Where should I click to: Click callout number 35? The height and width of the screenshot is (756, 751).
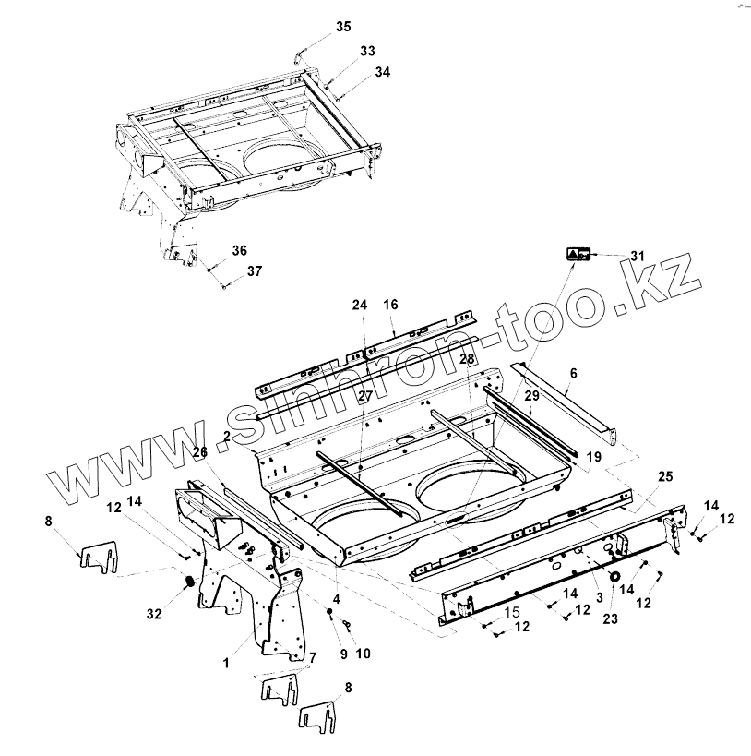[x=343, y=27]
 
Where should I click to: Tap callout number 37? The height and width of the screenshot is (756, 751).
[x=254, y=271]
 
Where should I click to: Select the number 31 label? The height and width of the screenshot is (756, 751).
[x=638, y=255]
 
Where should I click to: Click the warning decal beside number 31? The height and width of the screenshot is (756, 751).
[x=578, y=254]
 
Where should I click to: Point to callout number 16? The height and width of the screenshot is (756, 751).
[x=390, y=304]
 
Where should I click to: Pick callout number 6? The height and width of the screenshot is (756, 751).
[x=573, y=373]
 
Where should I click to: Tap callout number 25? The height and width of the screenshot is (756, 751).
[x=664, y=475]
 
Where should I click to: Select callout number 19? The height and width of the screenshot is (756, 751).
[x=593, y=455]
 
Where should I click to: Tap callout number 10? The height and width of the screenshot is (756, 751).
[x=363, y=654]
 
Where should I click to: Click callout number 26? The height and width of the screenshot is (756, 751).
[x=201, y=451]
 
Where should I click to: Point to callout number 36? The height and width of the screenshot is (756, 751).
[x=240, y=250]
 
